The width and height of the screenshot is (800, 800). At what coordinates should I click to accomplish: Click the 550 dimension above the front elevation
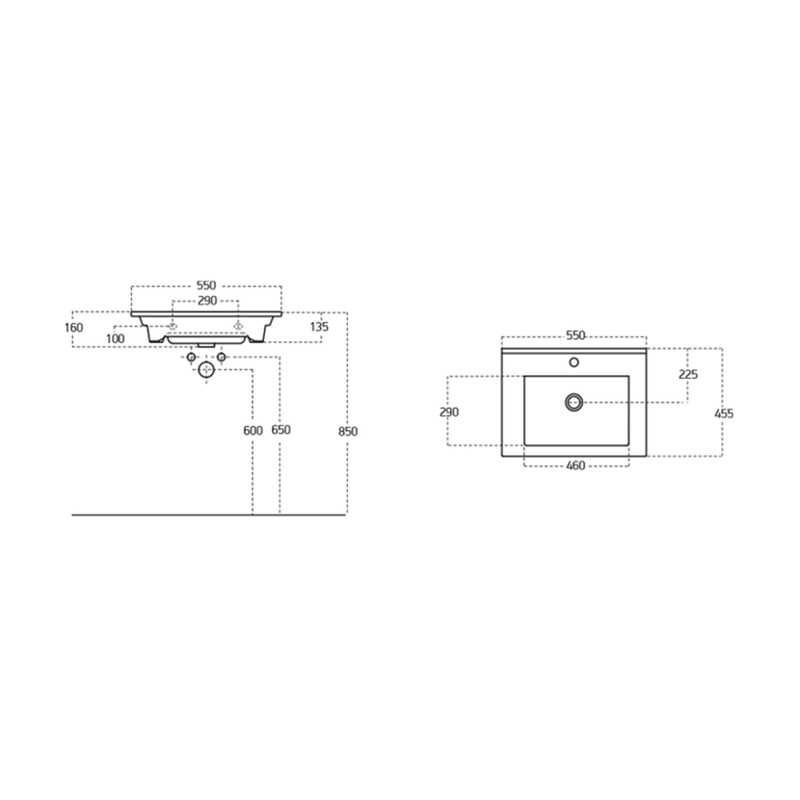206,285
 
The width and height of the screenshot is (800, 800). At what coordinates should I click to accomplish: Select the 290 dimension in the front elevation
207,301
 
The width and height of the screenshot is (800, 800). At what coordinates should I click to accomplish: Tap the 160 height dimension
74,328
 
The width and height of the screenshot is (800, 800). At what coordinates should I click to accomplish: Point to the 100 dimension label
116,338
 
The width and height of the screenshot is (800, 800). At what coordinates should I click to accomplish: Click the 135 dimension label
319,327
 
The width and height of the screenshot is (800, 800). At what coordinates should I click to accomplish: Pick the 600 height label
253,431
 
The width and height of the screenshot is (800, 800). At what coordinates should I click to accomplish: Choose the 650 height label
281,430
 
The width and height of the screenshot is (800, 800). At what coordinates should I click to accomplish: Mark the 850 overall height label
348,432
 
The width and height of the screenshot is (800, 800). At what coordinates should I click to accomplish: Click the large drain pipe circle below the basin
206,369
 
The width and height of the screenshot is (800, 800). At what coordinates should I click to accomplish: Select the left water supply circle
192,358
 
